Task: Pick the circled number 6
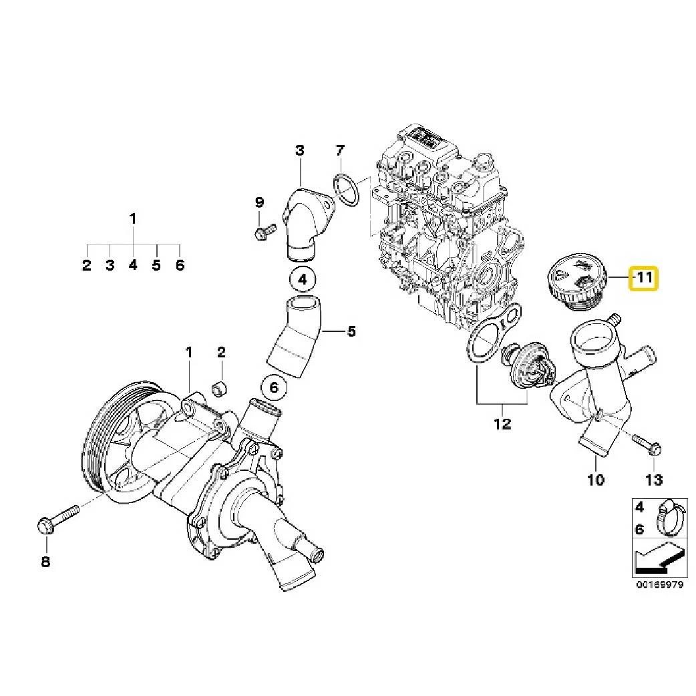click(275, 386)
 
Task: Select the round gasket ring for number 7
click(345, 189)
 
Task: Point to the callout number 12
click(502, 423)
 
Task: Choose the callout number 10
click(595, 479)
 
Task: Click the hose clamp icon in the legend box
click(670, 518)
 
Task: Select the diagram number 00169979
click(659, 584)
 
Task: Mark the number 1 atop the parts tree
click(133, 218)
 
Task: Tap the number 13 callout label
click(654, 479)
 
